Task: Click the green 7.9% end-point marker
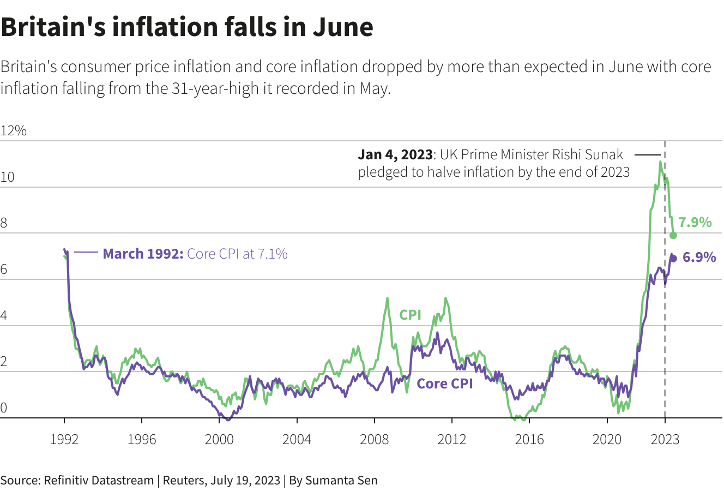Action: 673,235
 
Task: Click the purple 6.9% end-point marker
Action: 673,258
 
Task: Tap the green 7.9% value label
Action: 695,222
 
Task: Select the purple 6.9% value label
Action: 699,258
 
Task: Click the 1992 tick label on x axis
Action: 64,439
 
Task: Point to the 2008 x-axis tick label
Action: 375,439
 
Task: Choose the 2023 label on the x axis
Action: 665,439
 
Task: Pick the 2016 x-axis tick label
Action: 529,439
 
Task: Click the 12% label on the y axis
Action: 14,131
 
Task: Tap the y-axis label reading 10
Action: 7,177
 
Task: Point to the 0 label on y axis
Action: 4,408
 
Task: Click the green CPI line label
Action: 410,315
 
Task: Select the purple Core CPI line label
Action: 444,384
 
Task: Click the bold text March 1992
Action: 143,254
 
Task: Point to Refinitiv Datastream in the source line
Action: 99,481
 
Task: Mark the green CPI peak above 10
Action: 660,161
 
